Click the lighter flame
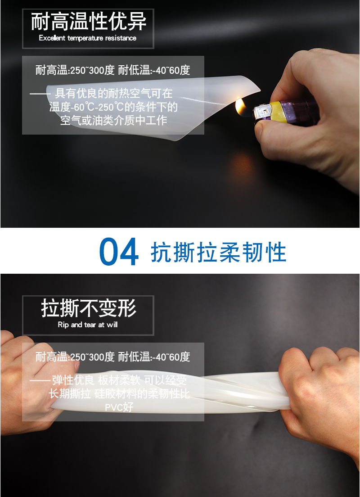click(x=241, y=107)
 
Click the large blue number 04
click(x=119, y=252)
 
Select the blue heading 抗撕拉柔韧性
click(x=219, y=253)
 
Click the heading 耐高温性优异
click(x=88, y=22)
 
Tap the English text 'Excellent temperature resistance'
click(x=88, y=38)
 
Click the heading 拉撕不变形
click(x=88, y=308)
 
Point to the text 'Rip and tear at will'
click(x=88, y=325)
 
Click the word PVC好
click(x=119, y=407)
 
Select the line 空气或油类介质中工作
click(x=113, y=121)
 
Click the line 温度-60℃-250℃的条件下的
click(x=113, y=107)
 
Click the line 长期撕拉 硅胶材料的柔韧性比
click(x=119, y=393)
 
